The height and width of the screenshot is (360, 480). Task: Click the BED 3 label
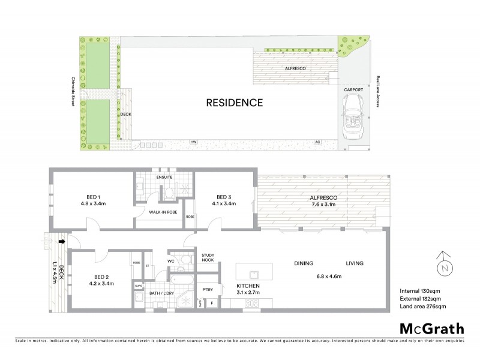click(x=224, y=196)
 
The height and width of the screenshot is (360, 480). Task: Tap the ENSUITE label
click(x=165, y=178)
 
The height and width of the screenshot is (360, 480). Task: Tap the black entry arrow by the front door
click(x=62, y=241)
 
